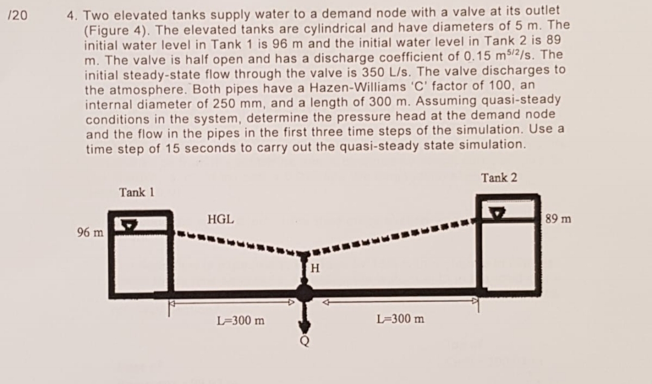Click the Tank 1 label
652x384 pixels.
click(137, 193)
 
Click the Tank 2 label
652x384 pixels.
click(499, 178)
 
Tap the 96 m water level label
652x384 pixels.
click(90, 232)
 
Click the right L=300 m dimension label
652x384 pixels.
click(400, 318)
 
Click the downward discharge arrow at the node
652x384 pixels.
click(305, 316)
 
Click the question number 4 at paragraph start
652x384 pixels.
click(71, 11)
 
